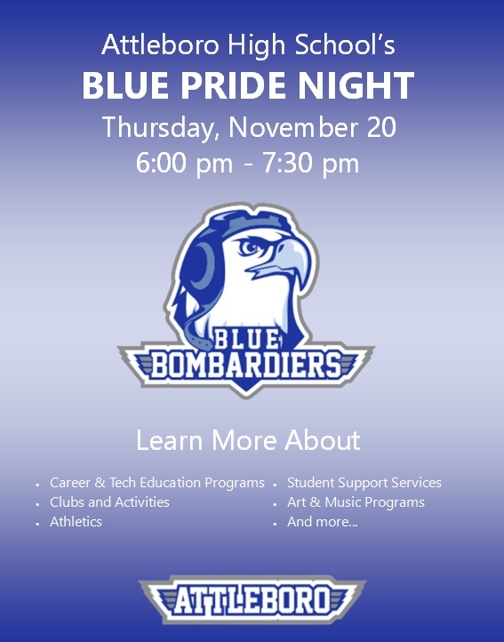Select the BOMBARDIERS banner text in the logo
point(245,364)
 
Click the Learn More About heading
point(248,440)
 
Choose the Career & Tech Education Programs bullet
point(156,483)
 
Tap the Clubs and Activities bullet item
point(109,502)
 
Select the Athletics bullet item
point(76,522)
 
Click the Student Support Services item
point(364,483)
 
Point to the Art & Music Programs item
point(356,502)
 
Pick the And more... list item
point(322,522)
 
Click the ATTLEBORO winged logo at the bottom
point(252,601)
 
